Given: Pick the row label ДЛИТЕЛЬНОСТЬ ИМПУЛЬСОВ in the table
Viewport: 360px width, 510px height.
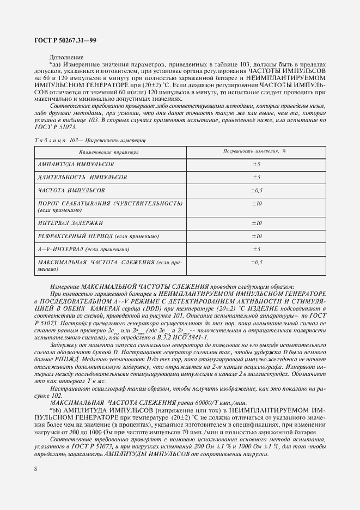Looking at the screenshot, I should pos(82,178).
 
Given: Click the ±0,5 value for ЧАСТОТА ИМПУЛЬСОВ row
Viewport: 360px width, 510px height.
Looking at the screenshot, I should pos(257,191).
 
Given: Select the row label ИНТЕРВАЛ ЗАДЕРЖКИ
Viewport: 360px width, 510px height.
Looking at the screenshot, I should pos(71,223).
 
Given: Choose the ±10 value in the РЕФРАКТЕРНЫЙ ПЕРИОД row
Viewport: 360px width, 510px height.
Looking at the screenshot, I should pos(257,236).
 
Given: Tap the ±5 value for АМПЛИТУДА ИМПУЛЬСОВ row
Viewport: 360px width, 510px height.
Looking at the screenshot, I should pos(257,164).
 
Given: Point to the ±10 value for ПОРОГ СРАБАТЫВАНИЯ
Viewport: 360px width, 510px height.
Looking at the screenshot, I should pos(257,203).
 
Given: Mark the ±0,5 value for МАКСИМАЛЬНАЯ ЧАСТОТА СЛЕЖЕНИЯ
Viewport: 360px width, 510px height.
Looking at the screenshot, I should pos(257,263).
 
